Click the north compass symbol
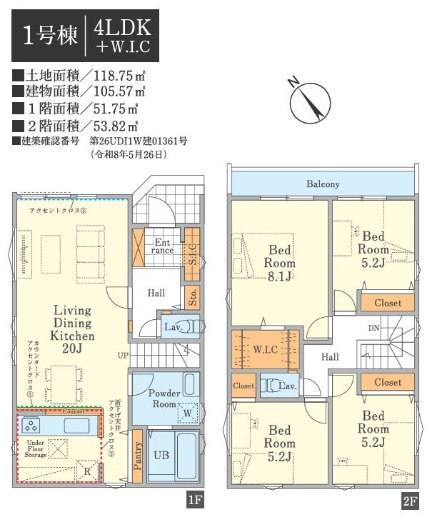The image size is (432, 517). coord(310,102)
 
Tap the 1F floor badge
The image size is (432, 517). coord(195,500)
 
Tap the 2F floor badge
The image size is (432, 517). coord(411,501)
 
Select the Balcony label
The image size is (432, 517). coord(323,184)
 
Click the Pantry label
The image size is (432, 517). coord(138,456)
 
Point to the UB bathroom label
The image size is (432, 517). coord(161,456)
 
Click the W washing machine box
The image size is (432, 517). coord(188,413)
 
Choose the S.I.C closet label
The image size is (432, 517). coord(192,254)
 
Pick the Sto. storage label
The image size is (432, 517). coord(193,297)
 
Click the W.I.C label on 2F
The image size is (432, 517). coord(266,349)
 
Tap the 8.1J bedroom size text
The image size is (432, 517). coord(280,276)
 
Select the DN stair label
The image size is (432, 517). coord(374,328)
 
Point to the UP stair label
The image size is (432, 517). coord(124,356)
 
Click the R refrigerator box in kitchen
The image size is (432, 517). coord(87,471)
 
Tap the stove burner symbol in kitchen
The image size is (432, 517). coord(31,425)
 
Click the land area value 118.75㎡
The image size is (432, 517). coord(119,76)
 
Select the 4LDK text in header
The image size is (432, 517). coord(123,28)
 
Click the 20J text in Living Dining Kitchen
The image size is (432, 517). coord(72,348)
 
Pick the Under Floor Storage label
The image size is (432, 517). coord(36,448)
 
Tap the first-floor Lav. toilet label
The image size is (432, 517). coord(174,327)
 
